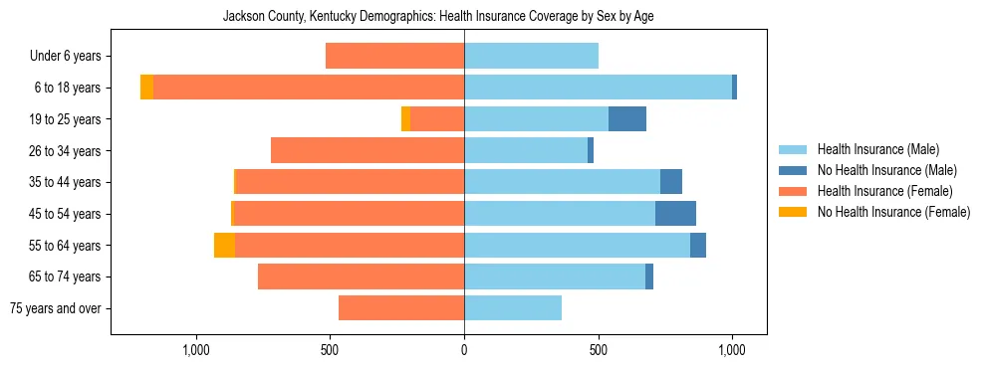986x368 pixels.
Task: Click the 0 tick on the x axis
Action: click(x=464, y=350)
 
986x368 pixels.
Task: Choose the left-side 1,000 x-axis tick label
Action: click(x=196, y=350)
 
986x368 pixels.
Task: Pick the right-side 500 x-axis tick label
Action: click(x=598, y=350)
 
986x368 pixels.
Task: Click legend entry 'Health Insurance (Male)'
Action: click(x=877, y=149)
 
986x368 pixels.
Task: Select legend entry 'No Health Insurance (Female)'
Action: click(x=893, y=212)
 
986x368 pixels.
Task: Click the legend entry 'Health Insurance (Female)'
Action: click(x=884, y=191)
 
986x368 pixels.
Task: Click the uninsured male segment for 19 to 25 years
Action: click(x=627, y=119)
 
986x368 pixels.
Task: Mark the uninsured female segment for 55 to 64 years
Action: click(x=224, y=246)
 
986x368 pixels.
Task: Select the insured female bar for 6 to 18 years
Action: click(x=309, y=88)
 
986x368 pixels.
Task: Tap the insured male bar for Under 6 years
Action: click(x=531, y=57)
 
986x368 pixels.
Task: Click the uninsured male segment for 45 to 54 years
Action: click(x=675, y=214)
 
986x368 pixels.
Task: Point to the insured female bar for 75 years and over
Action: click(x=401, y=308)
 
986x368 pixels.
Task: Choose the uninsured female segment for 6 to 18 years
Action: click(x=146, y=88)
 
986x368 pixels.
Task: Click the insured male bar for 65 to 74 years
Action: click(x=555, y=276)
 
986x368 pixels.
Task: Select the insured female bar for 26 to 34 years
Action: click(x=368, y=151)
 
